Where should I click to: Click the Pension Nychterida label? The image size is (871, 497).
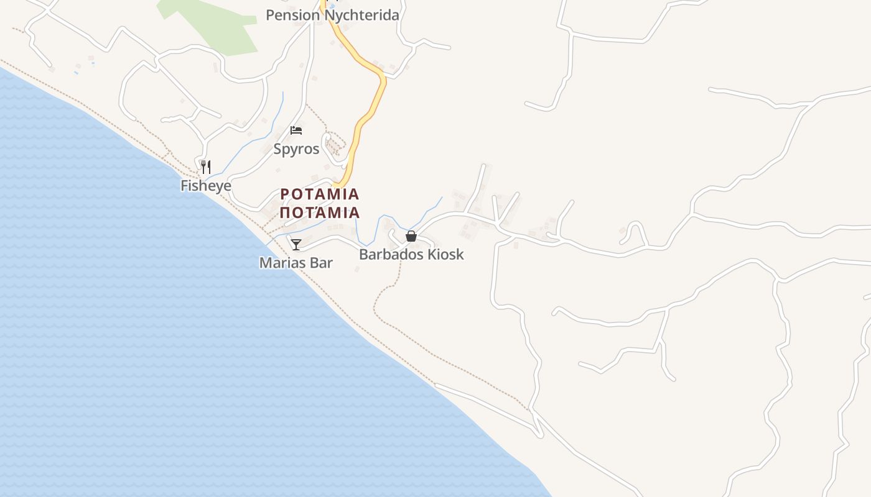(x=332, y=15)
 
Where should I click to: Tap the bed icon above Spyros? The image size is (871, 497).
(x=296, y=130)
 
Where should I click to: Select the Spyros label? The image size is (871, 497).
(x=296, y=149)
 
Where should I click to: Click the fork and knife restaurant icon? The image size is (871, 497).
(x=206, y=166)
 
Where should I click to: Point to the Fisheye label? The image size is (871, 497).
(x=206, y=186)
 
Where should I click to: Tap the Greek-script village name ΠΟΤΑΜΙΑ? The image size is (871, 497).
(x=320, y=213)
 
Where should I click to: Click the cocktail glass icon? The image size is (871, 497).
(x=296, y=244)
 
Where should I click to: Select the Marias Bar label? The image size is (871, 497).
(x=296, y=263)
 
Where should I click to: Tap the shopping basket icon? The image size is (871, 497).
(x=411, y=236)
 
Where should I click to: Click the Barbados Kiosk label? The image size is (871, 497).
(x=411, y=255)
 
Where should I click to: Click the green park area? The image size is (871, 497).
(x=218, y=25)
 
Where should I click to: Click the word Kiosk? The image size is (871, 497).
(x=444, y=255)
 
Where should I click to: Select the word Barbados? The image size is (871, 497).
(x=390, y=255)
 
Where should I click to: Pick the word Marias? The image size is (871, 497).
(x=282, y=263)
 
